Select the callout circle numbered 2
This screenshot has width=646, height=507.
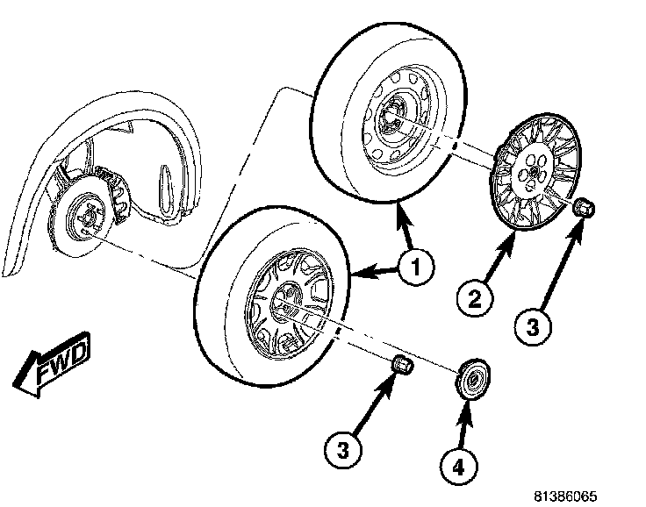point(475,300)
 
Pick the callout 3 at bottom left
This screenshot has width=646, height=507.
point(342,451)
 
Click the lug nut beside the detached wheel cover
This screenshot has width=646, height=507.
point(584,210)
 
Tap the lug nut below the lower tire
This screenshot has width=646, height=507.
point(402,363)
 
